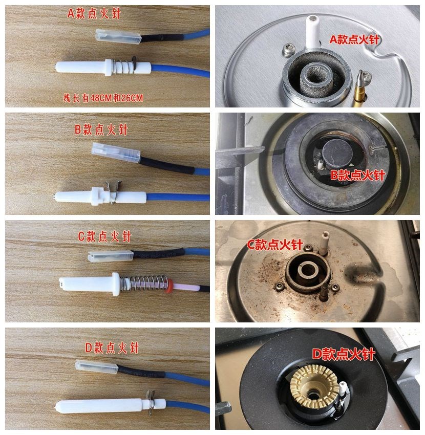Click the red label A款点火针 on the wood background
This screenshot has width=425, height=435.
pos(94,14)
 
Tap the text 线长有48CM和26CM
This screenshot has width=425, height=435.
pos(103,98)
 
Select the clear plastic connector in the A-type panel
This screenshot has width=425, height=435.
pos(118,35)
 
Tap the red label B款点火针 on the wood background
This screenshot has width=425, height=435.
pos(101,130)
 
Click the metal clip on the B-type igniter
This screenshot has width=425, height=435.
pos(114,192)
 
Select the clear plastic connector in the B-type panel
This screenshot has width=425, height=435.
pos(116,153)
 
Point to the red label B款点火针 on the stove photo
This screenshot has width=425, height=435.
pos(357,176)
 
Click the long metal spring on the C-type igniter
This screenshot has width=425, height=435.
pos(145,282)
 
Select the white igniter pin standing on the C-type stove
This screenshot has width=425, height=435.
pos(324,244)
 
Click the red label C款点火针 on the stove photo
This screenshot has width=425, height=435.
pos(274,245)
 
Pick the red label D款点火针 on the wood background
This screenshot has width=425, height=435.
pos(112,348)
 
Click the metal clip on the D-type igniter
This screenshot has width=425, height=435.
pos(151,402)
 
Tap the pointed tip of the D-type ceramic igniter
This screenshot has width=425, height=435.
pos(56,407)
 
